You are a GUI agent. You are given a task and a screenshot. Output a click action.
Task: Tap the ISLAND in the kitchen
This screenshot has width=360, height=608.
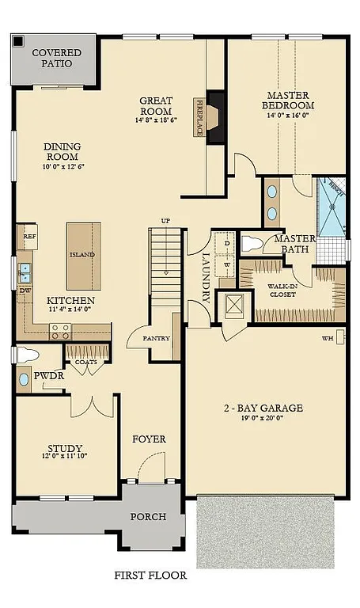pos(82,255)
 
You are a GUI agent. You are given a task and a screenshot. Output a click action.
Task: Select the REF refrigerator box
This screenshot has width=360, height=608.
pos(29,235)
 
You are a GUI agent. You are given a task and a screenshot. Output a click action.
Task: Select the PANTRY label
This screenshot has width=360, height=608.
pos(157,338)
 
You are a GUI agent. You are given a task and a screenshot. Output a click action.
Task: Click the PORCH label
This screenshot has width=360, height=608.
pos(149,517)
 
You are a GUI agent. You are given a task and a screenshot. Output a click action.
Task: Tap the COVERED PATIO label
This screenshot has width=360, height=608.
pos(51,58)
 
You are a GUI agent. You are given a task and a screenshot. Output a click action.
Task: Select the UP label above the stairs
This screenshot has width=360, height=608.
pos(165,220)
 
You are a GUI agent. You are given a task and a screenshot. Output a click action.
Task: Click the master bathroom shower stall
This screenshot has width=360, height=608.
pos(332,207)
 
